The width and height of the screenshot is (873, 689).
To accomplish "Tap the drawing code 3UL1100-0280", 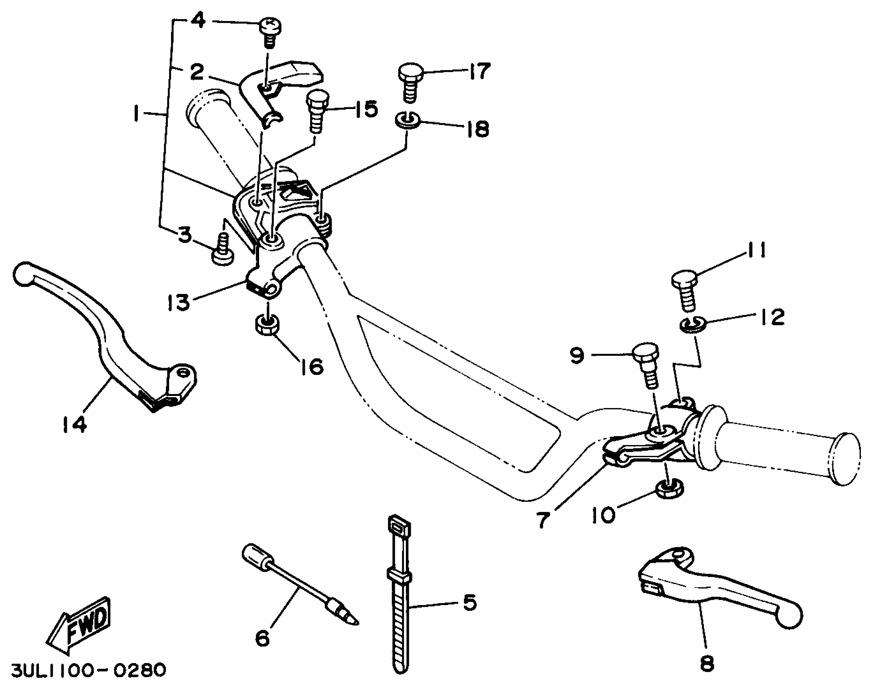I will (x=88, y=670).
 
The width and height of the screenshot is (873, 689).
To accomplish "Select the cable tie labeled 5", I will (x=400, y=596).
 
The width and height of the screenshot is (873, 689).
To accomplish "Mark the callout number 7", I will (x=543, y=520).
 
